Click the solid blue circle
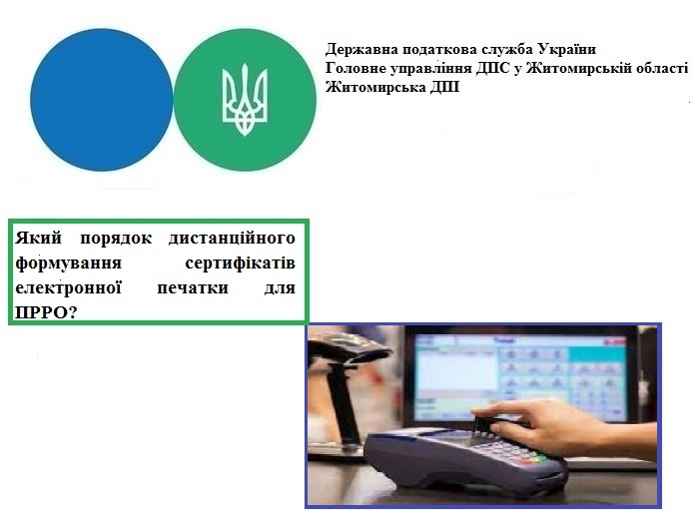pos(101,100)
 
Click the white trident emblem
pos(245,100)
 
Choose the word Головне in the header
pos(354,69)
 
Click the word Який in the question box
pos(39,239)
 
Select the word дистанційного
pos(232,239)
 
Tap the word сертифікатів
pos(240,263)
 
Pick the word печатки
pos(193,287)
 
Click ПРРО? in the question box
pos(46,312)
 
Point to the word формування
pos(69,263)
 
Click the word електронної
pos(69,287)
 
